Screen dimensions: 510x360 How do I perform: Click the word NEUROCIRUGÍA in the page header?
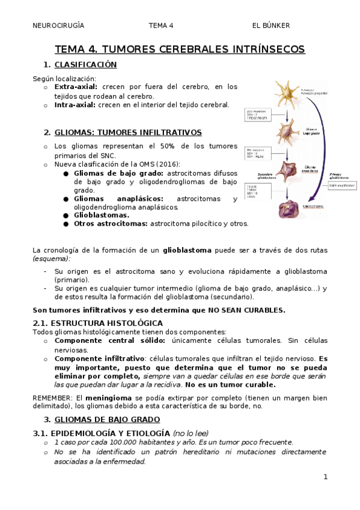(x=58, y=25)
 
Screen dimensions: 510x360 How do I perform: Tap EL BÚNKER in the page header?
(x=271, y=25)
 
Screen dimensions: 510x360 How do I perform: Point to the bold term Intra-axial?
(x=75, y=105)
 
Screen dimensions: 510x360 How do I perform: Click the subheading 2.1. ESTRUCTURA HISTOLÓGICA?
(x=97, y=323)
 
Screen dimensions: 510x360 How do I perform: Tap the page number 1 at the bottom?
(x=325, y=477)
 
